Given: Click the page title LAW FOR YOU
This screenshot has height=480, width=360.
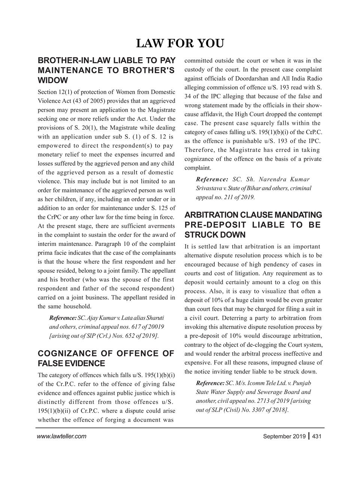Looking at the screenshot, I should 180,43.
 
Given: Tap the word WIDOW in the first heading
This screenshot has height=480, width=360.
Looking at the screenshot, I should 53,81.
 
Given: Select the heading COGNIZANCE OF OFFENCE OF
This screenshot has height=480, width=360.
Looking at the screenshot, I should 106,354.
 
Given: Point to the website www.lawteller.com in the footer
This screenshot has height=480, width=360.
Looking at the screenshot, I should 62,436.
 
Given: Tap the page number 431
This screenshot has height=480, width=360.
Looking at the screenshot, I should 317,436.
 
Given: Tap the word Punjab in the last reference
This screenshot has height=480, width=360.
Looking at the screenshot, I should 301,383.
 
